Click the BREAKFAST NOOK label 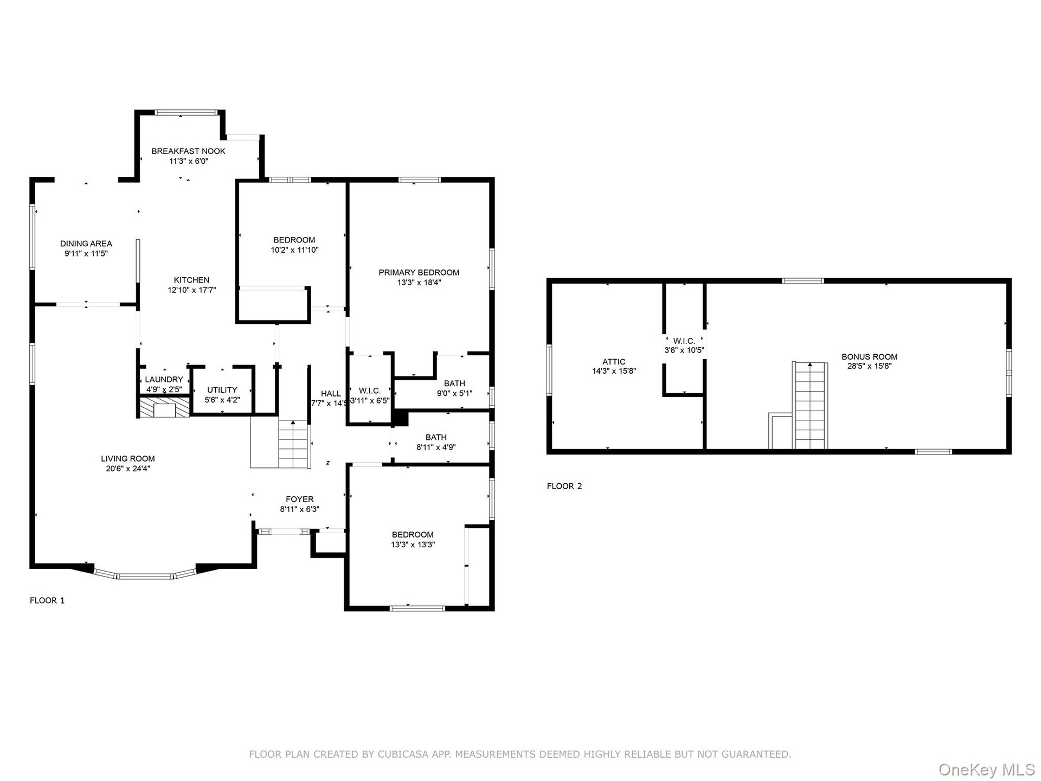tap(188, 151)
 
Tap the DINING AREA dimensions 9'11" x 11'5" tap(86, 253)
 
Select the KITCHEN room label tap(191, 280)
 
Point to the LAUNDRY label tap(164, 380)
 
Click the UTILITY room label tap(222, 390)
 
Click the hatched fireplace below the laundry tap(164, 407)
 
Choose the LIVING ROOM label tap(128, 459)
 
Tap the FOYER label tap(300, 500)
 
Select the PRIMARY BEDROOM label tap(419, 273)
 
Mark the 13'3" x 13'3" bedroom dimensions tap(413, 545)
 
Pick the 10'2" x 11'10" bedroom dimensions tap(294, 250)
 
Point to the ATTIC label tap(614, 362)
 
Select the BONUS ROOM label tap(870, 357)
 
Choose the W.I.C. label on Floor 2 tap(684, 341)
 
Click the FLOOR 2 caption tap(564, 486)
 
